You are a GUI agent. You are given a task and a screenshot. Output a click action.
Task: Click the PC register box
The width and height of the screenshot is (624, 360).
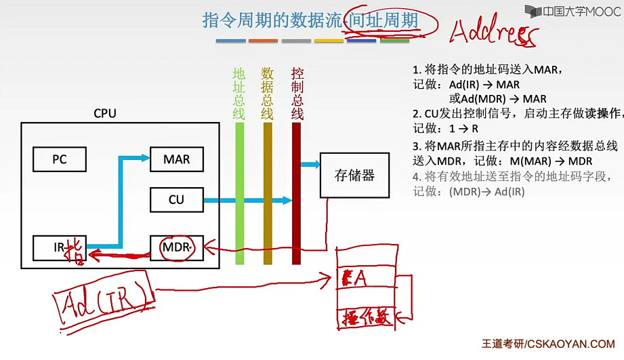click(x=60, y=160)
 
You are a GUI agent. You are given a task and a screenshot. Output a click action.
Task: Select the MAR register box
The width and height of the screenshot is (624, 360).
click(x=176, y=160)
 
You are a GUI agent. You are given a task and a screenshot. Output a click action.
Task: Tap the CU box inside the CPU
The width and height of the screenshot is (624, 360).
click(x=176, y=200)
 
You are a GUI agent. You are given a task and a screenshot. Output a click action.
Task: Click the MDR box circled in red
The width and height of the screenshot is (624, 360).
click(x=178, y=247)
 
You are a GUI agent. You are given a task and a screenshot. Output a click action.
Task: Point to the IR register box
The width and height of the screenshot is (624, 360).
click(x=60, y=247)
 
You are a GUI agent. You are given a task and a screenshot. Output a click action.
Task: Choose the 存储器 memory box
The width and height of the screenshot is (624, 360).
click(x=354, y=176)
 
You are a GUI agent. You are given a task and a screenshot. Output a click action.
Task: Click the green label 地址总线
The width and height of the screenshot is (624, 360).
click(x=239, y=93)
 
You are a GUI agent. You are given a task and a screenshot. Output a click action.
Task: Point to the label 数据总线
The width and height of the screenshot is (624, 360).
click(x=268, y=93)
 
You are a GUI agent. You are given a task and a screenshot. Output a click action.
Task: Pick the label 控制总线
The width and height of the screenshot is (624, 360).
click(x=297, y=93)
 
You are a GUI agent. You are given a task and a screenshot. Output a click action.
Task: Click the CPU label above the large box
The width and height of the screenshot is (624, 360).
click(x=105, y=113)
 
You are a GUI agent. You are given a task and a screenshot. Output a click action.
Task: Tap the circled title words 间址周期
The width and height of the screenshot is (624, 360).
click(x=382, y=20)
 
